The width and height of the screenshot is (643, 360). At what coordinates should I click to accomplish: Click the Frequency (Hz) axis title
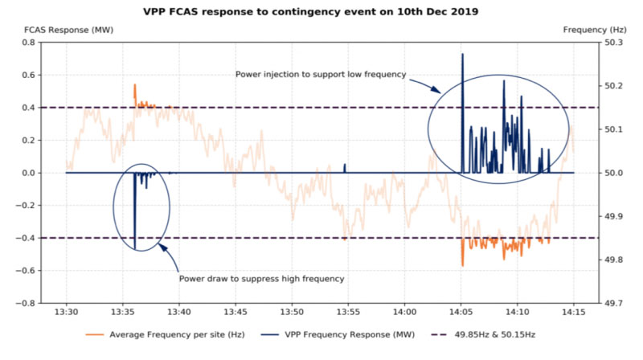pyautogui.click(x=590, y=29)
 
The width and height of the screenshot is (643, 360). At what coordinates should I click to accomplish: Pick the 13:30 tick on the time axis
pyautogui.click(x=66, y=313)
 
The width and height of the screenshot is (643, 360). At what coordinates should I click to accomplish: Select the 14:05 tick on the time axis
pyautogui.click(x=461, y=313)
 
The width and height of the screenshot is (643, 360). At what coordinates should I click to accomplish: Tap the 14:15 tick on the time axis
pyautogui.click(x=574, y=313)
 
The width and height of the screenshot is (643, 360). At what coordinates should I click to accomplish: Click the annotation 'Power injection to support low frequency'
pyautogui.click(x=321, y=75)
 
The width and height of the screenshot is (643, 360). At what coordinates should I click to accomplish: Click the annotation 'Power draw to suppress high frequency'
pyautogui.click(x=261, y=279)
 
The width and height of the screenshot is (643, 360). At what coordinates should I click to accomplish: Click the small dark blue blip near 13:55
pyautogui.click(x=345, y=166)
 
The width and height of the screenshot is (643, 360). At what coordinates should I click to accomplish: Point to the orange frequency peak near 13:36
pyautogui.click(x=134, y=85)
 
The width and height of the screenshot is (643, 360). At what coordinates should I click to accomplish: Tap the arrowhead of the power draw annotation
pyautogui.click(x=161, y=245)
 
